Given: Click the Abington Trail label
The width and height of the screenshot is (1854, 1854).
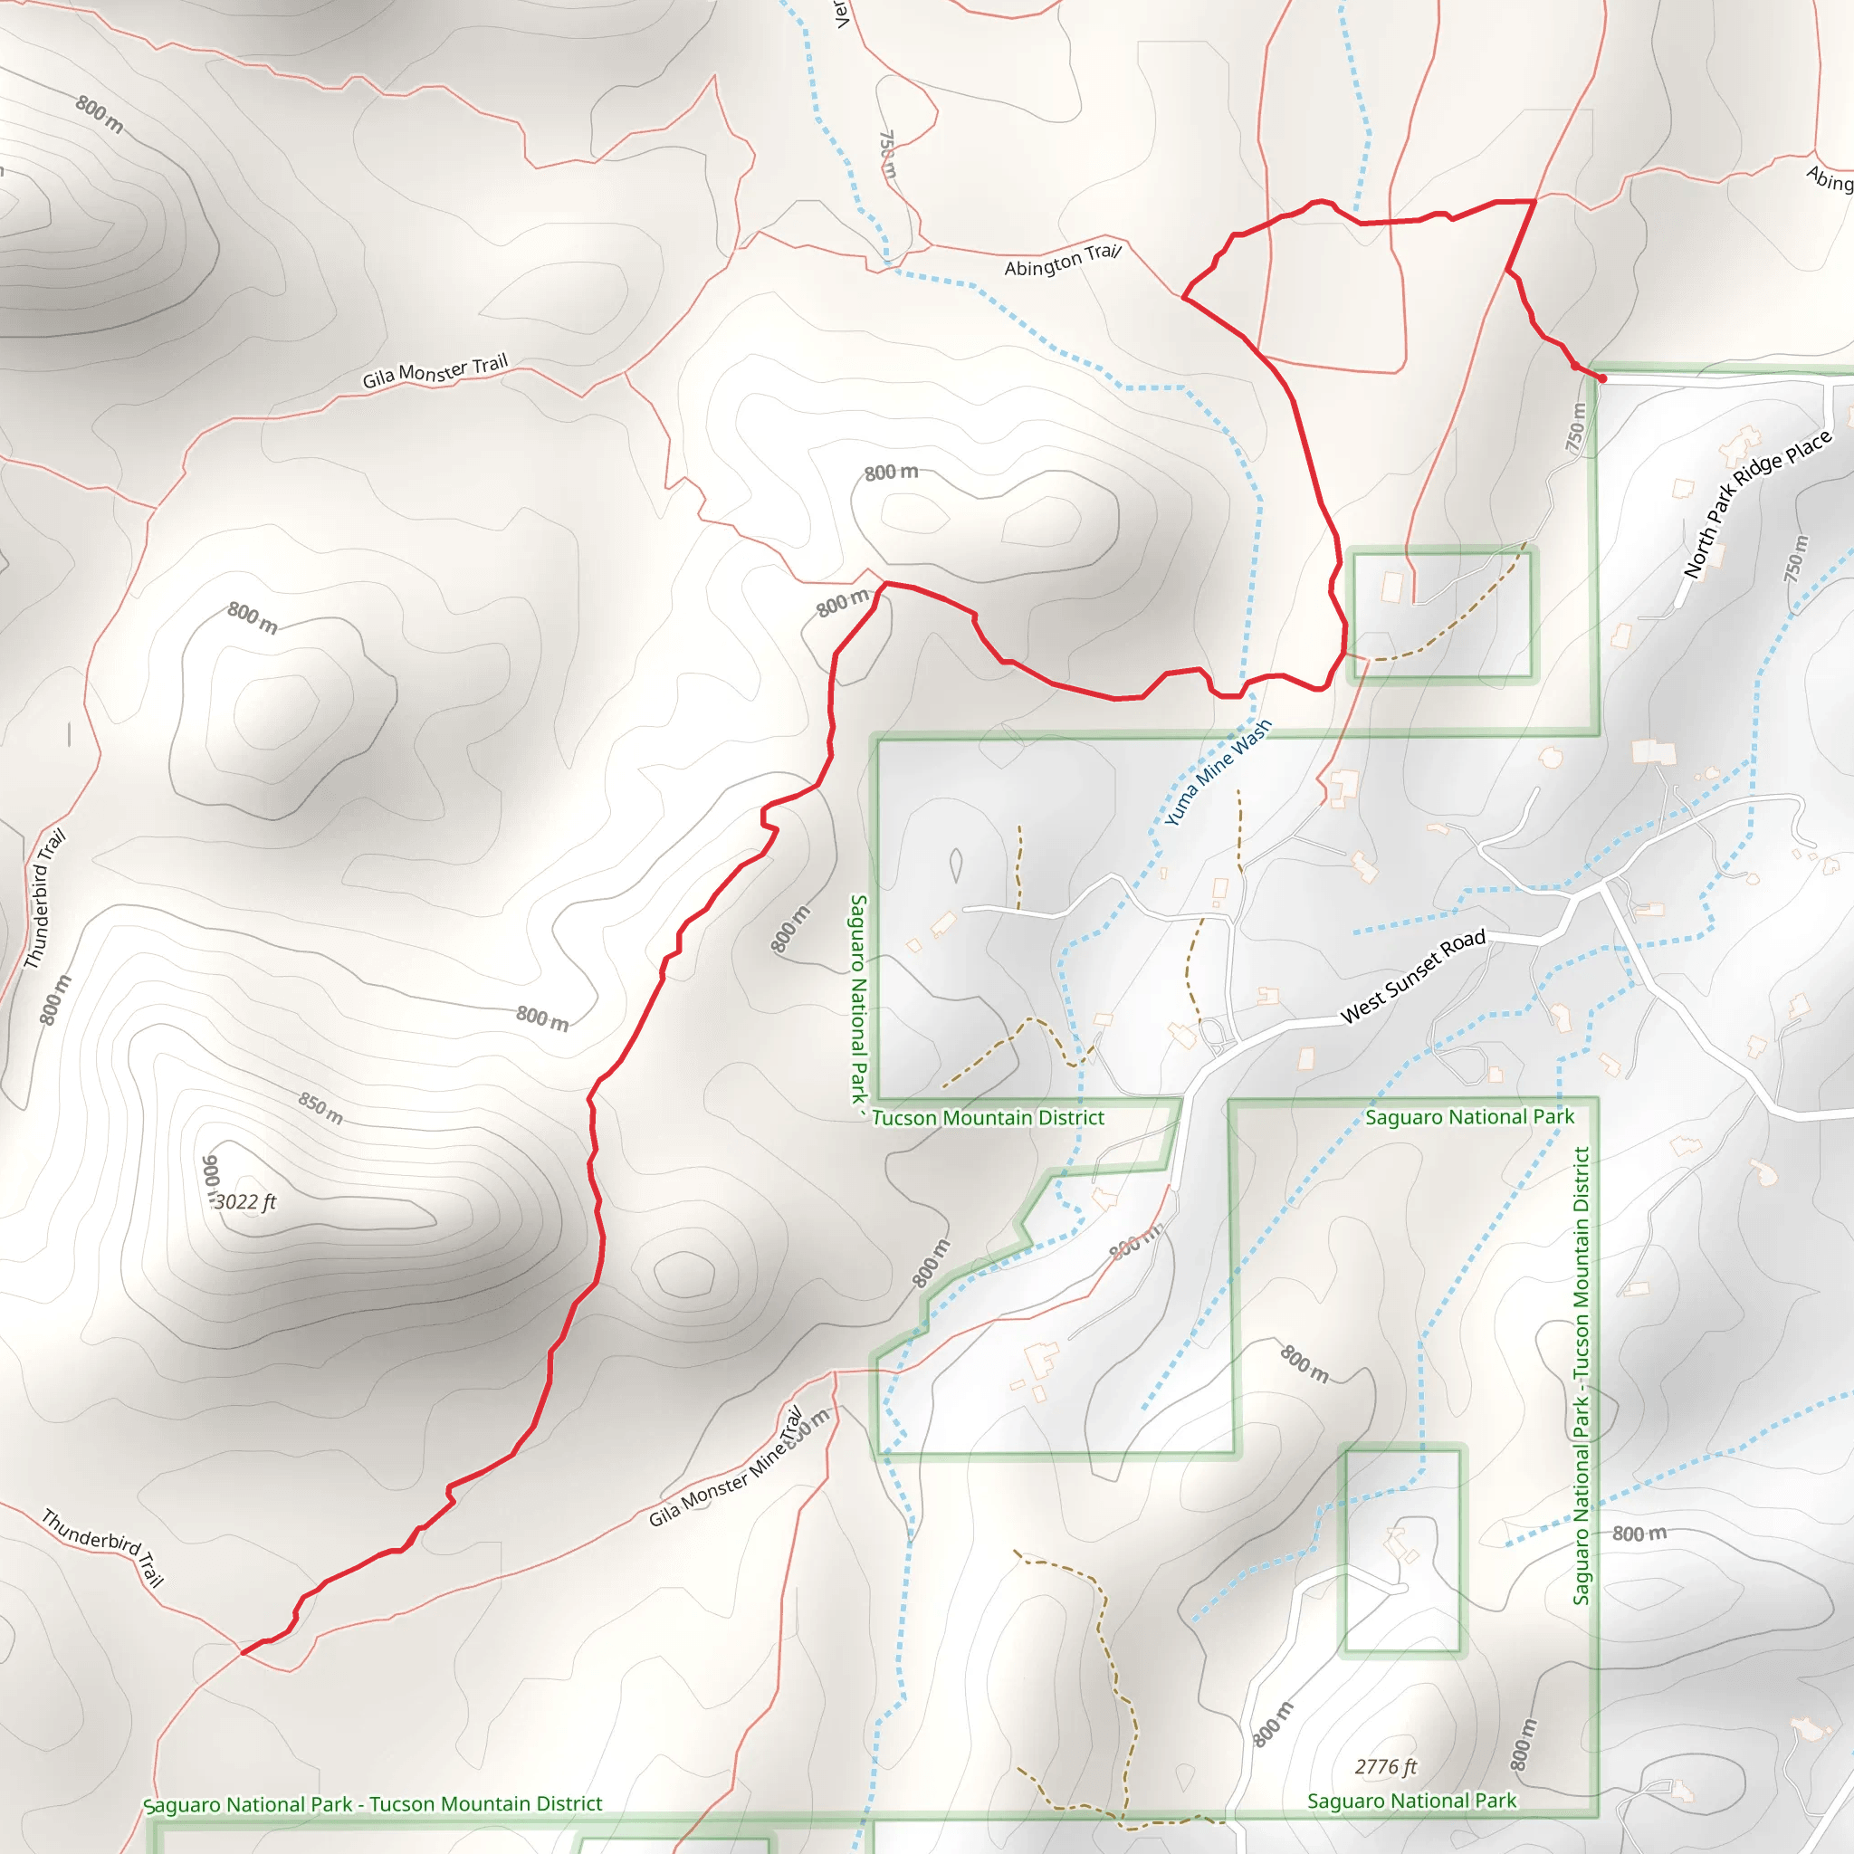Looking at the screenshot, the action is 1062,260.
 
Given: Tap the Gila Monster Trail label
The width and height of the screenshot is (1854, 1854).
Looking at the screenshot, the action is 435,371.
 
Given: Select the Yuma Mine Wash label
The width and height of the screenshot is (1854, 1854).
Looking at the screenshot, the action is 1218,772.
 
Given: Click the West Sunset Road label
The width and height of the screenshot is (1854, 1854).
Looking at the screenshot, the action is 1412,976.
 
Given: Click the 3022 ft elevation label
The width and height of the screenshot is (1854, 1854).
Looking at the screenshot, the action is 244,1202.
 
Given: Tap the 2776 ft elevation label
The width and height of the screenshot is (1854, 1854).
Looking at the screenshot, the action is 1386,1767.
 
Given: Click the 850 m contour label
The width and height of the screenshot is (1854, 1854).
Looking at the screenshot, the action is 320,1108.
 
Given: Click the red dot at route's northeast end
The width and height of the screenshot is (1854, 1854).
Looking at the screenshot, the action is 1601,379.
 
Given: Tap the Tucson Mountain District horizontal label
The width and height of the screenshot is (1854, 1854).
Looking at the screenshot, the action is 988,1118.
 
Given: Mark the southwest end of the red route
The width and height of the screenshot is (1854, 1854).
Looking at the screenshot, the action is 244,1652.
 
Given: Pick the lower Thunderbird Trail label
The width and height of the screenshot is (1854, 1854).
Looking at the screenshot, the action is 102,1547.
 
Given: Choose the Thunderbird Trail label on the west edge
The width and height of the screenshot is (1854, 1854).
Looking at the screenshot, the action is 44,898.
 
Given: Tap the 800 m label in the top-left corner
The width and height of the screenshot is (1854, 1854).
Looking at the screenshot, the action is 100,114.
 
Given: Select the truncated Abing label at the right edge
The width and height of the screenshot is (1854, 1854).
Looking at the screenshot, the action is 1829,178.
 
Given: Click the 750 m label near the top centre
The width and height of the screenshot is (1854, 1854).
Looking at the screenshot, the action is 888,154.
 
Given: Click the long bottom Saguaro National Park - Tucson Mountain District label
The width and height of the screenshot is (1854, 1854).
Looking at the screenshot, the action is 372,1804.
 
